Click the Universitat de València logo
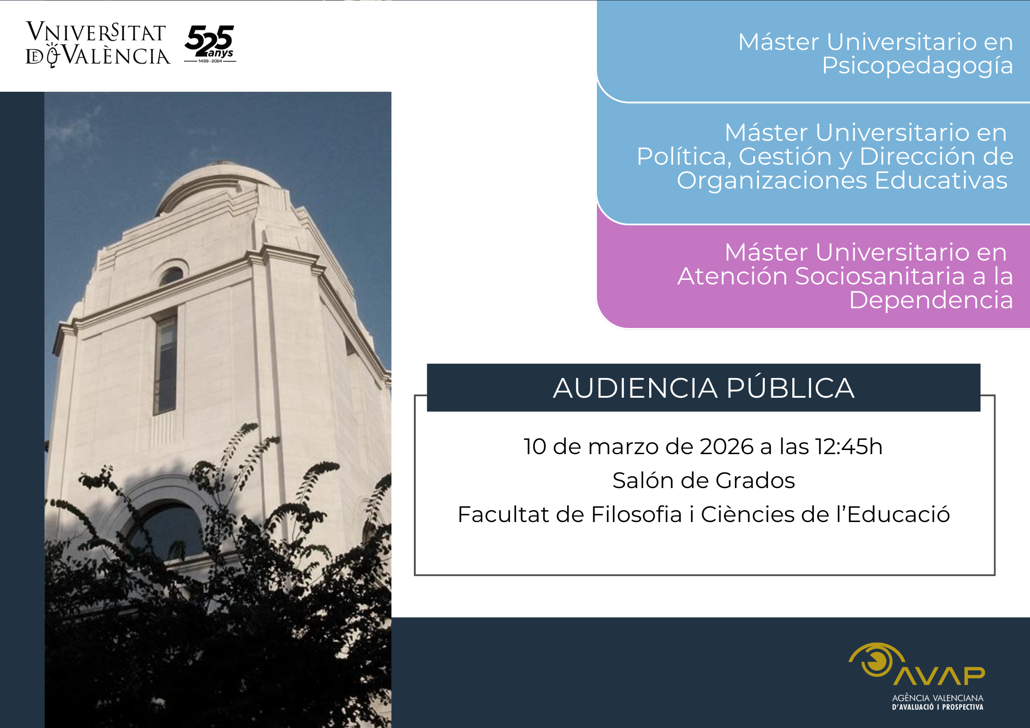click(98, 44)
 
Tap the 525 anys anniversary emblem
click(210, 44)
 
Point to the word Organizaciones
click(772, 181)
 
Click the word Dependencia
click(931, 300)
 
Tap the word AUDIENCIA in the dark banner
click(635, 388)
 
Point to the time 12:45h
click(848, 446)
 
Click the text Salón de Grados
click(703, 480)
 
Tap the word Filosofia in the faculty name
click(636, 514)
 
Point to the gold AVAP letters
click(939, 676)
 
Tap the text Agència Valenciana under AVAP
click(938, 698)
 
